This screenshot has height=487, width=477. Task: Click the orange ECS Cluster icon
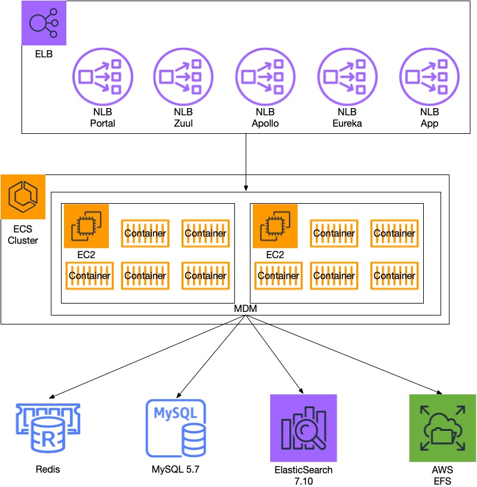point(23,197)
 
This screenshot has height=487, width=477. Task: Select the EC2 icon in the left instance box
point(86,226)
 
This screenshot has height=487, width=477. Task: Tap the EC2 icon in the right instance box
point(275,226)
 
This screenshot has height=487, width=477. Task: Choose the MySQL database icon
point(175,428)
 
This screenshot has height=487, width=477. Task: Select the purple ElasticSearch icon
point(304,428)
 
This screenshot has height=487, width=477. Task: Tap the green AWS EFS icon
point(442,428)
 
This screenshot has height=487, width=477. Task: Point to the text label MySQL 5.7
point(175,470)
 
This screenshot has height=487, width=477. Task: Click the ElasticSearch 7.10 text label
point(304,475)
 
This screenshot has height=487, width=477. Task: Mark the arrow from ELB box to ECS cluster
point(246,161)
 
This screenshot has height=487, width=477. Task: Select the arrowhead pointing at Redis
point(52,397)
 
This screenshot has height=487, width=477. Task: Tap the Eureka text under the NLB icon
point(347,124)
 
